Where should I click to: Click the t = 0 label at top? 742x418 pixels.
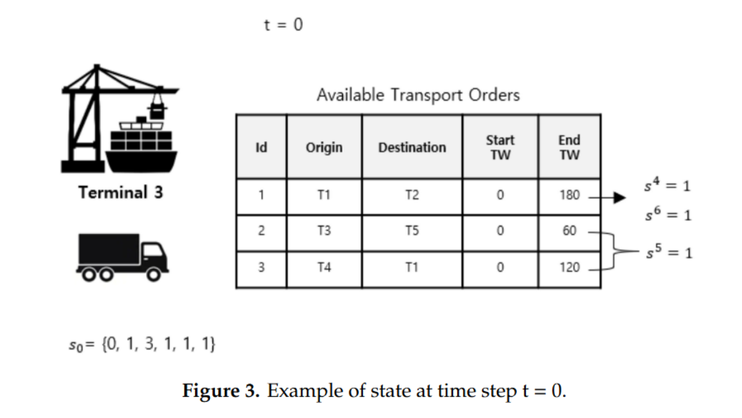point(283,26)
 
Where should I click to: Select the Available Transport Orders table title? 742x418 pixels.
point(418,95)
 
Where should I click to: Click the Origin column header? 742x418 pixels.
point(324,147)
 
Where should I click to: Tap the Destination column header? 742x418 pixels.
point(412,147)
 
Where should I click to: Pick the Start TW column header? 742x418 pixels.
point(500,147)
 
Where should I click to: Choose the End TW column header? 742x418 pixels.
point(569,147)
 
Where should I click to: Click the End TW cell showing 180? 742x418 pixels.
point(569,195)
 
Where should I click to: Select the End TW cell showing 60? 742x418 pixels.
point(569,231)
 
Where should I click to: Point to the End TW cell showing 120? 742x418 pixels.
point(569,267)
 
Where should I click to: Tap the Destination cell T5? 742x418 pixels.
point(412,231)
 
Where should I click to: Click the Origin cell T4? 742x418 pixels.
point(324,267)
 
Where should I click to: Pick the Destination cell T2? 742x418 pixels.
point(412,195)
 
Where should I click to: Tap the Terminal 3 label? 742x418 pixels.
point(121,192)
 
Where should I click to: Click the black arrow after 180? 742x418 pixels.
point(615,198)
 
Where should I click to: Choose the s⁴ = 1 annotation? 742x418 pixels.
point(669,186)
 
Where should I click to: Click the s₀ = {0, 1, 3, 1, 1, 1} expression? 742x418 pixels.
point(141,344)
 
